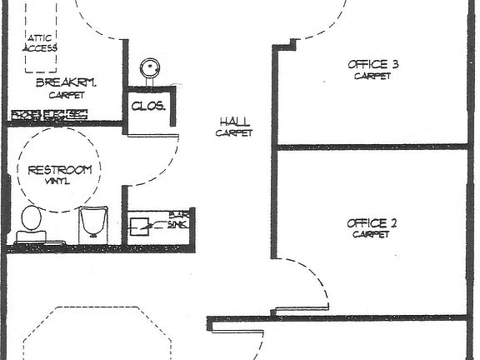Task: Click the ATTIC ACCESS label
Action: pos(42,43)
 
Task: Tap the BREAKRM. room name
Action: pos(67,82)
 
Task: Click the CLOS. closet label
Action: pos(148,107)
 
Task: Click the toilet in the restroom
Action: pos(32,222)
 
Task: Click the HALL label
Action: pos(233,121)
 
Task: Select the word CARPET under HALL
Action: pos(233,132)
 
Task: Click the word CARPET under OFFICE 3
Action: pos(372,76)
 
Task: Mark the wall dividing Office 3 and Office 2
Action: pos(372,147)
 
